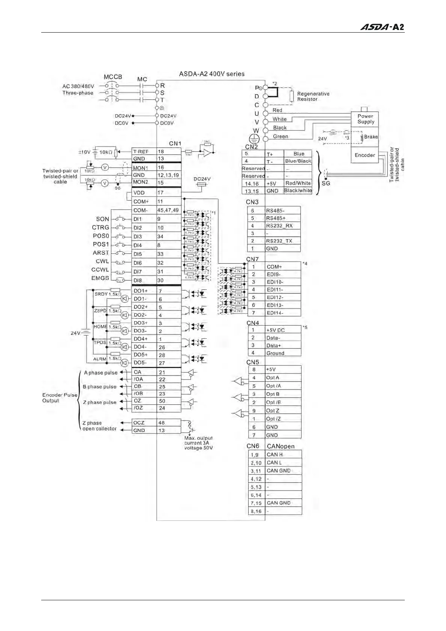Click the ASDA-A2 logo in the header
pos(382,27)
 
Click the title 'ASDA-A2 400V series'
pos(211,74)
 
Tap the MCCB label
pos(113,77)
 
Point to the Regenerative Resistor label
pos(313,96)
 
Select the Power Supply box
pos(364,119)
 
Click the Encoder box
pos(364,155)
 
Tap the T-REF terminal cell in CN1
pos(144,152)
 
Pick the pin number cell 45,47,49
pos(168,210)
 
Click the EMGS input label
pos(100,278)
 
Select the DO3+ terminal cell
pos(144,323)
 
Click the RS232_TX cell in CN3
pos(283,241)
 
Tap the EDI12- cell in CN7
pos(283,298)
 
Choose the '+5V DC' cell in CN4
pos(283,330)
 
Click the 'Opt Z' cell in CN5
pos(283,411)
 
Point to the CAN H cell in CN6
pos(283,455)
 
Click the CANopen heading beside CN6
pos(280,446)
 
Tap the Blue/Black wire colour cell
pos(298,161)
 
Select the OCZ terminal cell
pos(144,423)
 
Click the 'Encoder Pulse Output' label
pos(60,398)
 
